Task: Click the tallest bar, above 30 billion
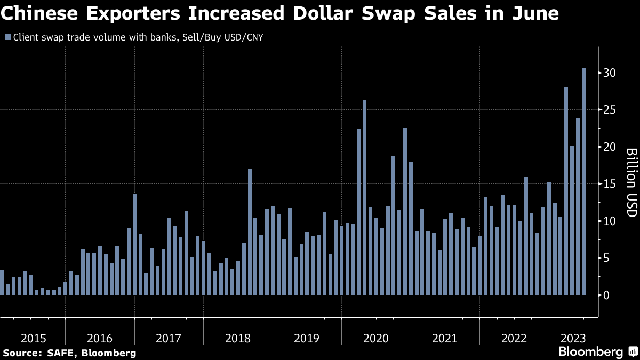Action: pyautogui.click(x=583, y=181)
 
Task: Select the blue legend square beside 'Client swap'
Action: pyautogui.click(x=7, y=37)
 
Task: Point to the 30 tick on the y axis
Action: pyautogui.click(x=610, y=73)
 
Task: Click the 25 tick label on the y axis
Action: pyautogui.click(x=610, y=110)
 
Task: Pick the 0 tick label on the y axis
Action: pyautogui.click(x=606, y=295)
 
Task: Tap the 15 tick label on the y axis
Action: pyautogui.click(x=610, y=184)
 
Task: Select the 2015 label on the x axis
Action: pyautogui.click(x=34, y=338)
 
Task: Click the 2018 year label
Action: pyautogui.click(x=238, y=338)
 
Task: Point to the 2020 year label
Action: pyautogui.click(x=376, y=338)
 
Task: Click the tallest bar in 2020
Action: pyautogui.click(x=365, y=197)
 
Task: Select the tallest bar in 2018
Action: pyautogui.click(x=250, y=232)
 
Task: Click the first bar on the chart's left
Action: pyautogui.click(x=2, y=283)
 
